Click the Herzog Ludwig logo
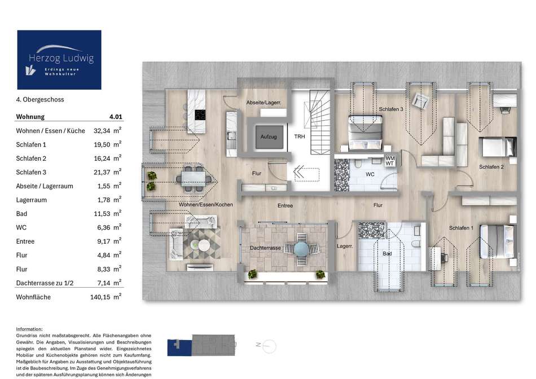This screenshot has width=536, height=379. [x=59, y=60]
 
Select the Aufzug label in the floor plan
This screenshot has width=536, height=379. [x=269, y=136]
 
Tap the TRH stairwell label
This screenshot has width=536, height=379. [x=300, y=136]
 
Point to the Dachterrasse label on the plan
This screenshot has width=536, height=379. [x=265, y=248]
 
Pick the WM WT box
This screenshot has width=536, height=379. [x=390, y=161]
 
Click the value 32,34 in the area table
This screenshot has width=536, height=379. [x=102, y=131]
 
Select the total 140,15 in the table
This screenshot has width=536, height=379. [x=100, y=297]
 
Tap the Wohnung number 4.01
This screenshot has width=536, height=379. [x=116, y=117]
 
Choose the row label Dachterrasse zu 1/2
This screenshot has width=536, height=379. [x=45, y=283]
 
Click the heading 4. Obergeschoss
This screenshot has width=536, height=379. [x=40, y=99]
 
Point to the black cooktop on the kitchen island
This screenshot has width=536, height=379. [x=200, y=115]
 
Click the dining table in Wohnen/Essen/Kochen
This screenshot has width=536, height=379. [x=194, y=178]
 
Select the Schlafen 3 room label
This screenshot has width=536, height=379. [x=391, y=109]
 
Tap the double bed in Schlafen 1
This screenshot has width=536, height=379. [x=498, y=241]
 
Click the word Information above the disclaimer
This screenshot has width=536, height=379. [x=29, y=329]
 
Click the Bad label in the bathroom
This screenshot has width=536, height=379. [x=387, y=254]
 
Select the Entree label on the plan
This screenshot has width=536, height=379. [x=285, y=206]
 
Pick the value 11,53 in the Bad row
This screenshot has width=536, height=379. [x=102, y=214]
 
